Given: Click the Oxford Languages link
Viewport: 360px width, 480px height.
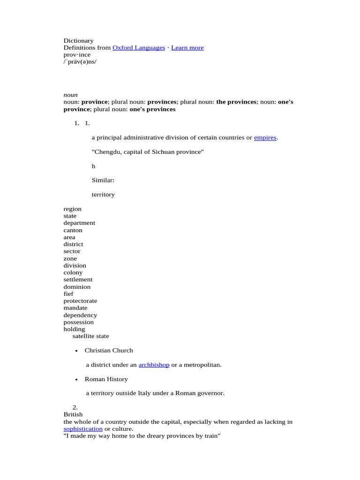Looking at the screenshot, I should pos(139,48).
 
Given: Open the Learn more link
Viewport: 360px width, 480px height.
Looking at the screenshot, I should pos(187,48).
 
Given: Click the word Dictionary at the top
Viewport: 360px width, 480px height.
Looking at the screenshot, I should pos(79,41).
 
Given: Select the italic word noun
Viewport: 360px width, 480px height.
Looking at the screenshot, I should pos(71,95).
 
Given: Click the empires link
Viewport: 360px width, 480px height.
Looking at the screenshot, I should pos(265,138).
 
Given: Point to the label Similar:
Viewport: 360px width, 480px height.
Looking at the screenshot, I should pos(103,180).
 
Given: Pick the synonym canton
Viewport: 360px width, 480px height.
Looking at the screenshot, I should pos(73,230).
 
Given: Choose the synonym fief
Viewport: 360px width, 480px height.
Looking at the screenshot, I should pos(68,294).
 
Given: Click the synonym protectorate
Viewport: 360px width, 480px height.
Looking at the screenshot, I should pos(81,301).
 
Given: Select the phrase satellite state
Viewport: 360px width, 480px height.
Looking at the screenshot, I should pos(91,336).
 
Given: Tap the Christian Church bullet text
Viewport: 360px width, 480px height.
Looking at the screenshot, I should pos(109,351).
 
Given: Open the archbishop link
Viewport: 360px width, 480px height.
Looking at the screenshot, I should pos(154,365).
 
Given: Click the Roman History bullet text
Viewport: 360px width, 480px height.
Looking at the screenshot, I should pos(106,379).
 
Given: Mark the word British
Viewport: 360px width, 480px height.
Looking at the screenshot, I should pos(73,414).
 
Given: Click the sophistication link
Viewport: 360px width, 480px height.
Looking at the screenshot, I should pos(83,429).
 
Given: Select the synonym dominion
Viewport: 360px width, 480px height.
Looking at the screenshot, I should pos(77,287).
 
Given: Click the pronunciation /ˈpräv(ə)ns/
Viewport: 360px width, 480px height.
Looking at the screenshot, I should pos(80,62).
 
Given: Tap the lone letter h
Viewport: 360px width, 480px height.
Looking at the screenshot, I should pos(94,166).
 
